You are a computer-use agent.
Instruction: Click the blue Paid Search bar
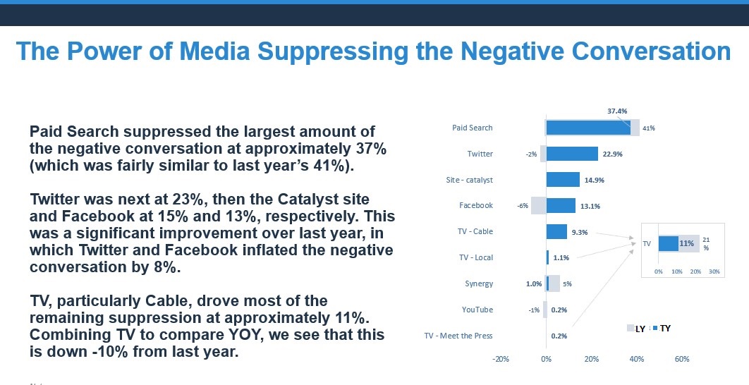coord(588,128)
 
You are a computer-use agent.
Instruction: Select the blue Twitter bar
coord(572,154)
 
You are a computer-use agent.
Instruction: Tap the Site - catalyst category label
coord(469,180)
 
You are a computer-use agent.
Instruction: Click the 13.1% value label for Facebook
coord(590,206)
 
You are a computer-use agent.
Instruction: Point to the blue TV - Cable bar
coord(556,231)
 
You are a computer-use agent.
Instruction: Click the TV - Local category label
coord(476,257)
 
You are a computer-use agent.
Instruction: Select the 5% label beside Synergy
coord(567,284)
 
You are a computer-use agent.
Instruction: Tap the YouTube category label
coord(477,310)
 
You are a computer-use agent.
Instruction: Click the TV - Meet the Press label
coord(458,336)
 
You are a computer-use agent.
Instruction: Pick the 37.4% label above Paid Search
coord(617,111)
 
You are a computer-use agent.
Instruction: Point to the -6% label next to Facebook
coord(522,206)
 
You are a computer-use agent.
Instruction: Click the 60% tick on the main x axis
coord(682,360)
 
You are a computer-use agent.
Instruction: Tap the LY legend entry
coord(636,329)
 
